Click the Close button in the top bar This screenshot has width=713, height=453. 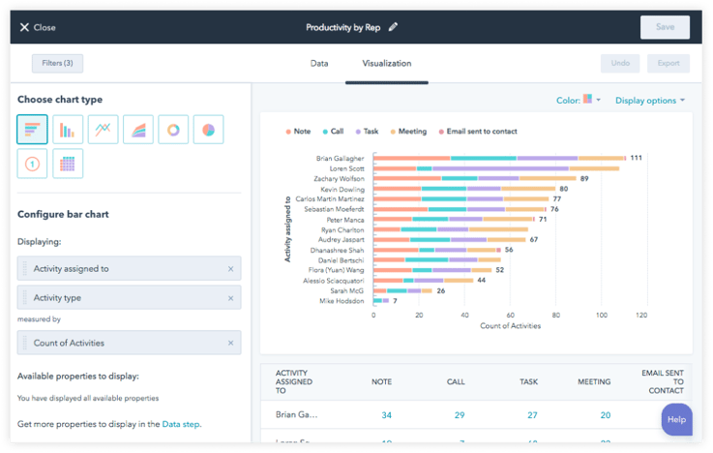[38, 27]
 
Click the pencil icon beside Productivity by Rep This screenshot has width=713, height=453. [393, 27]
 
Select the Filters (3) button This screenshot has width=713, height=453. [57, 64]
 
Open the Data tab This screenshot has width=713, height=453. [318, 64]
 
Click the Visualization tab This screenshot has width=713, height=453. [386, 64]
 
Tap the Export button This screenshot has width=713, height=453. [668, 64]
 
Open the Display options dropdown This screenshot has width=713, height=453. [650, 100]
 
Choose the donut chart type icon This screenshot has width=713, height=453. [174, 130]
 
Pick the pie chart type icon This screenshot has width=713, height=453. [208, 130]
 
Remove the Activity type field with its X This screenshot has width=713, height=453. [230, 299]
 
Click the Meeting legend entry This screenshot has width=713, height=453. [411, 132]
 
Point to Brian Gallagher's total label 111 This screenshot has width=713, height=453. [636, 158]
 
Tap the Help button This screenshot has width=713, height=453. [676, 420]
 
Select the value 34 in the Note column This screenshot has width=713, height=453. [387, 415]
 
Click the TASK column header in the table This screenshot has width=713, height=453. [528, 381]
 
